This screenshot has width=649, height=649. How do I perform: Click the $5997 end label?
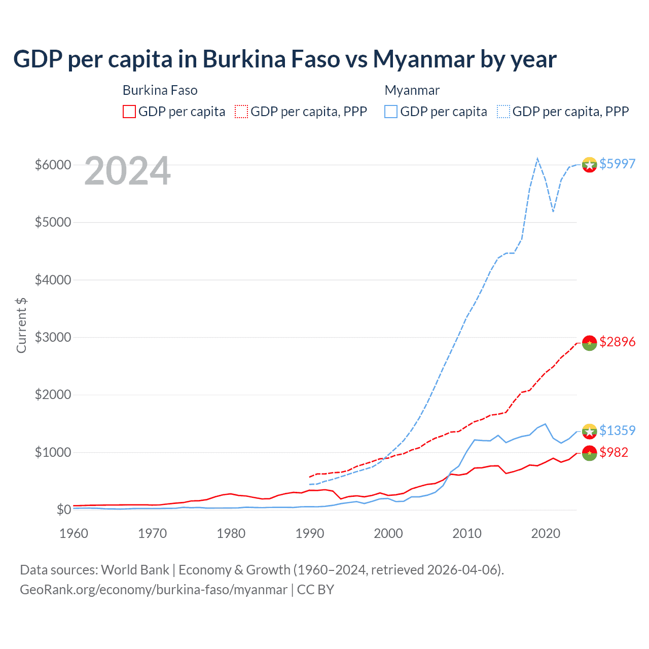pos(617,164)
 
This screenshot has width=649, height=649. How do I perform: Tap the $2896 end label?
pos(617,342)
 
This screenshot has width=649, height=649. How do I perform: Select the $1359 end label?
pos(617,430)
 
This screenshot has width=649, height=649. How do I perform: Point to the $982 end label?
pos(614,452)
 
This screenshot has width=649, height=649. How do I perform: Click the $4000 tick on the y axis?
pos(53,280)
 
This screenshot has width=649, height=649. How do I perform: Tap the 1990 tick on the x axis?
pos(310,533)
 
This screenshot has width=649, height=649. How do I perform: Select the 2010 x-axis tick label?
pos(467,533)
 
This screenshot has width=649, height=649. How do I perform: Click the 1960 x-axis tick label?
pos(74,533)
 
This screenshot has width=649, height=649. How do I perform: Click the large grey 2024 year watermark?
pos(127,171)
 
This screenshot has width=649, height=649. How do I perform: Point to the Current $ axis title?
pos(21,325)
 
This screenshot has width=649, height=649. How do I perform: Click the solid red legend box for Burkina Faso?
pos(129,112)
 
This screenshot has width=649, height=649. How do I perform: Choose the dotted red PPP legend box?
pos(241,112)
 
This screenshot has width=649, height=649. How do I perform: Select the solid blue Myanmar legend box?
pos(391,112)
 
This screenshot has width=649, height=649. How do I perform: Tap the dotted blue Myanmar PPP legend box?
pos(503,112)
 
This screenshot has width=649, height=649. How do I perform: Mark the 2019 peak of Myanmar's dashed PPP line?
pos(537,159)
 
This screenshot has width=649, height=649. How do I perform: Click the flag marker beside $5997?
pos(589,164)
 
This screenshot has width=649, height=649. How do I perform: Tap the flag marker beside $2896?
pos(589,343)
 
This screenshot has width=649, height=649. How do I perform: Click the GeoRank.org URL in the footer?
pos(154,590)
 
